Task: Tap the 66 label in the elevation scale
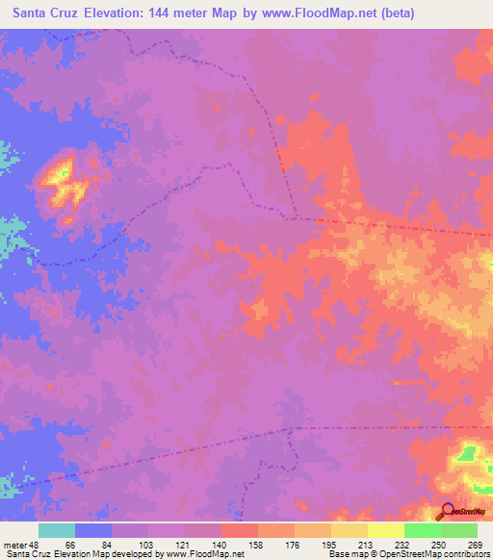pos(70,544)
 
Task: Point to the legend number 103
pos(145,544)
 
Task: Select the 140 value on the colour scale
pos(219,544)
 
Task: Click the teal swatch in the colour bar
pos(57,530)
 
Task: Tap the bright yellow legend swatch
pos(385,530)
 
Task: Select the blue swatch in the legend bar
pos(93,530)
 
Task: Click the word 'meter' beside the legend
pos(13,544)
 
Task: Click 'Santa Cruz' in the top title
pos(41,13)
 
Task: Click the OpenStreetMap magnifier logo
pos(448,511)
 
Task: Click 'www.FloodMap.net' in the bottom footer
pos(203,554)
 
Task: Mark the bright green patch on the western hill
pos(64,173)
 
